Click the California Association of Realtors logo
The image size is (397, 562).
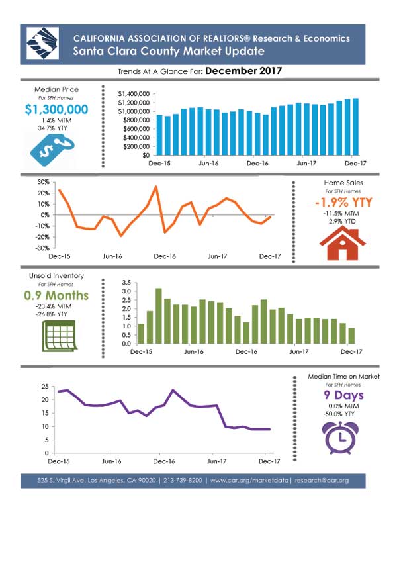pyautogui.click(x=42, y=44)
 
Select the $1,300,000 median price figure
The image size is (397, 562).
pyautogui.click(x=57, y=109)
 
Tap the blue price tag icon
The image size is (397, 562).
pyautogui.click(x=52, y=150)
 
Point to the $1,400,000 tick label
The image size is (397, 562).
pyautogui.click(x=134, y=94)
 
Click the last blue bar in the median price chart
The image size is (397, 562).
pyautogui.click(x=355, y=127)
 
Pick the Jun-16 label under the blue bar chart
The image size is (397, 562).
pyautogui.click(x=208, y=164)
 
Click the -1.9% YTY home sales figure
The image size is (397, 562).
pyautogui.click(x=343, y=202)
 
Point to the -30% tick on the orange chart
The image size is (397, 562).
pyautogui.click(x=43, y=248)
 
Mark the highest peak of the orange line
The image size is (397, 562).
pyautogui.click(x=156, y=187)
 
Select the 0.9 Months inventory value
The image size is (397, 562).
pyautogui.click(x=56, y=295)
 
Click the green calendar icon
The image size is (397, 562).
pyautogui.click(x=60, y=336)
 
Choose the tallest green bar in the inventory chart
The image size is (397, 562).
pyautogui.click(x=158, y=316)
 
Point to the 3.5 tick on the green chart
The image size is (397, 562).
pyautogui.click(x=126, y=283)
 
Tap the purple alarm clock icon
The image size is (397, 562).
pyautogui.click(x=340, y=438)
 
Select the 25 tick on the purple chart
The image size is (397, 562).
pyautogui.click(x=45, y=387)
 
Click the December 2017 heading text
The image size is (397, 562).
pyautogui.click(x=243, y=71)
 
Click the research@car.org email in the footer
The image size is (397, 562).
pyautogui.click(x=322, y=481)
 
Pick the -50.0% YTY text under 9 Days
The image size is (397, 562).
pyautogui.click(x=339, y=414)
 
